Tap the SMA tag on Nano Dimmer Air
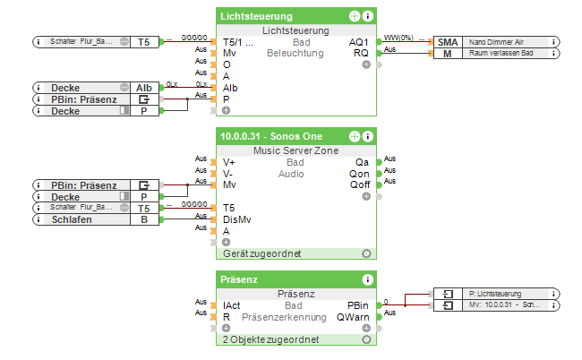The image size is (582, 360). (x=447, y=41)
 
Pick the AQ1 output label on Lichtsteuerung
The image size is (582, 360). (x=358, y=42)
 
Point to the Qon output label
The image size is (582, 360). (x=359, y=174)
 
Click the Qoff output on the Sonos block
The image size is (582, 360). (x=358, y=184)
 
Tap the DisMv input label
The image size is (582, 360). (x=235, y=219)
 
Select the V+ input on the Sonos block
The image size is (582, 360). (x=229, y=162)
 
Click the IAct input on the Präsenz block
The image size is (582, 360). (x=232, y=305)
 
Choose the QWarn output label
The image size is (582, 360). (x=353, y=317)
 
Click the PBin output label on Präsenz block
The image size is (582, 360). (x=357, y=305)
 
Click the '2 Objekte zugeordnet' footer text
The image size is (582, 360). (x=268, y=340)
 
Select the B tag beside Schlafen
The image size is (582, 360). (x=144, y=219)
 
